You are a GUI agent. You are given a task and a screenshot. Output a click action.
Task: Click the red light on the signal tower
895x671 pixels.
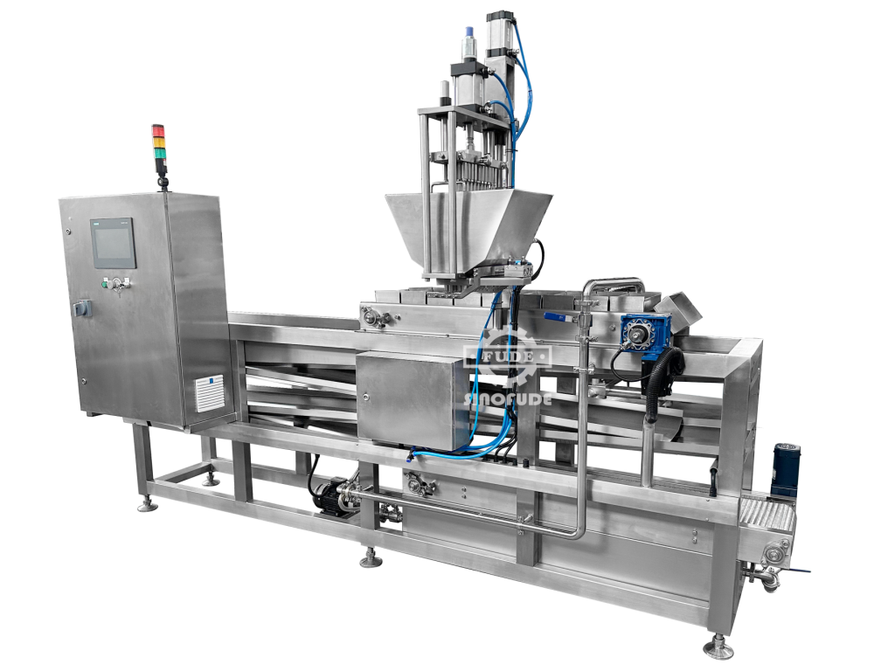pyautogui.click(x=158, y=131)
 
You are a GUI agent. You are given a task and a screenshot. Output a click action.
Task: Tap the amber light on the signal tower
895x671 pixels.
pyautogui.click(x=158, y=142)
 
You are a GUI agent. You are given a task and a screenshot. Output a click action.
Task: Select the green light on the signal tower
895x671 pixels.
pyautogui.click(x=158, y=152)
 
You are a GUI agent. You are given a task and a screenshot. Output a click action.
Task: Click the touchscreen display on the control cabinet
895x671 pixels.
pyautogui.click(x=114, y=243)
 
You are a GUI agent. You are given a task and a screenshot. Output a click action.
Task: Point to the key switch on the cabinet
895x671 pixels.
pyautogui.click(x=118, y=284)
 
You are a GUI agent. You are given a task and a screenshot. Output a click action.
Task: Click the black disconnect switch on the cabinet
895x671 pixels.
pyautogui.click(x=81, y=308)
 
